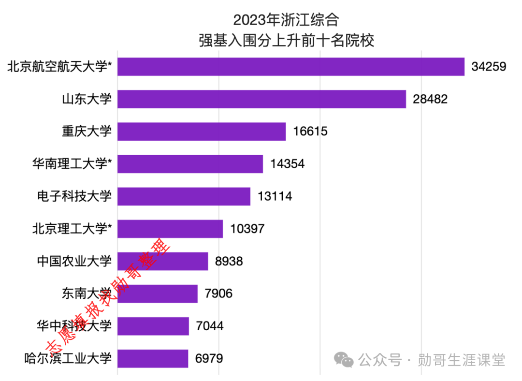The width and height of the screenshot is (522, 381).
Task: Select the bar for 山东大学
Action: [261, 99]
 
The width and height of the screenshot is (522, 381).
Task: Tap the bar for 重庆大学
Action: [202, 132]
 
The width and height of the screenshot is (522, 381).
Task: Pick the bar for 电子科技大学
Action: [184, 196]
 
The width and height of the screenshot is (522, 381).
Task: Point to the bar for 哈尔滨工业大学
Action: [153, 359]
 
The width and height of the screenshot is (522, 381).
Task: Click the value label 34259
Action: [489, 67]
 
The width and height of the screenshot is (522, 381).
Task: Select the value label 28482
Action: [430, 99]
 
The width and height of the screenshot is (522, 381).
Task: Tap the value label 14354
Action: [287, 164]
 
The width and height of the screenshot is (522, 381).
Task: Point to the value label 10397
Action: [247, 229]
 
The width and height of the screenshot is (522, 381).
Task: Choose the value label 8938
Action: [229, 262]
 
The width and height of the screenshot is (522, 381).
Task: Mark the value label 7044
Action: [210, 326]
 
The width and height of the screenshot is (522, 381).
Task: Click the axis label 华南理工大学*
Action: [72, 164]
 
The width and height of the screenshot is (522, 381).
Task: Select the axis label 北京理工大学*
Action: [72, 229]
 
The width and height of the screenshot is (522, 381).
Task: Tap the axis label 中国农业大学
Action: [74, 262]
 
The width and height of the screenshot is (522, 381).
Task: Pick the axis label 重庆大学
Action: [87, 132]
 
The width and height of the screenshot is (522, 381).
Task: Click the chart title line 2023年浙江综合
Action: [286, 20]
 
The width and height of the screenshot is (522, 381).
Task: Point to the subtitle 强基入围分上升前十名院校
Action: [286, 40]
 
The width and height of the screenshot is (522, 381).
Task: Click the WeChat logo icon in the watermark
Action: [345, 360]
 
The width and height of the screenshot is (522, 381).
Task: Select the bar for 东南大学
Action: [158, 294]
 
